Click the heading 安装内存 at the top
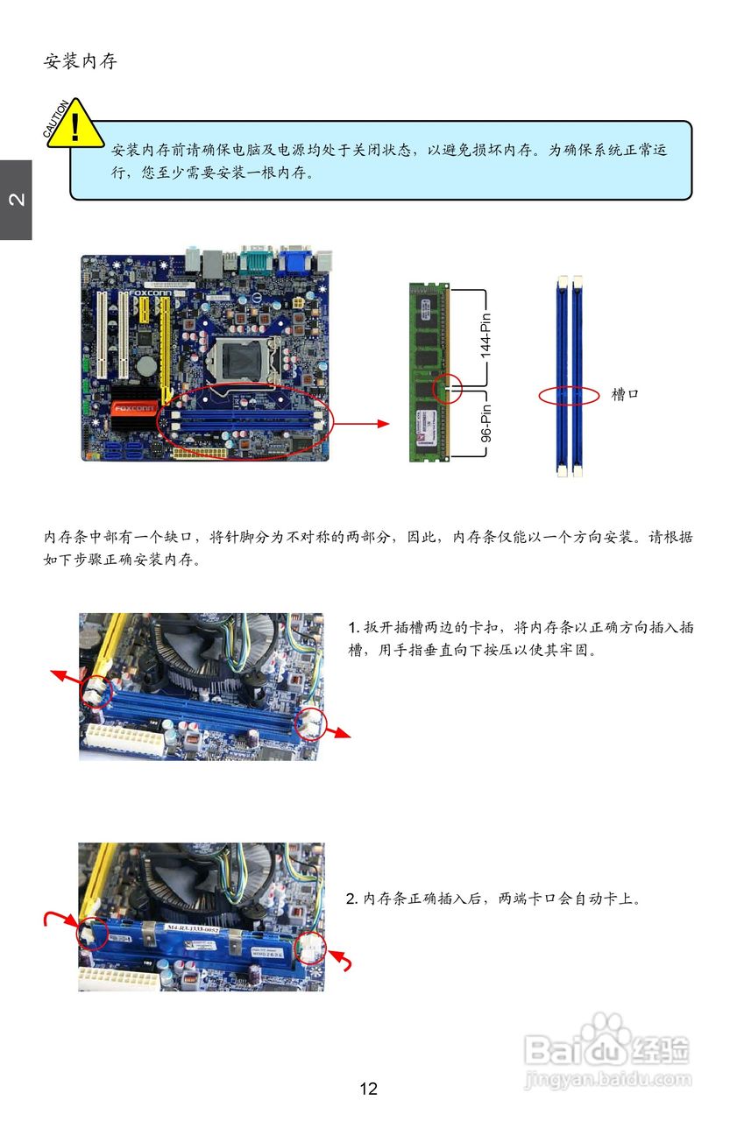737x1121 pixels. [80, 61]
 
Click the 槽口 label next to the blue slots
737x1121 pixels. [625, 395]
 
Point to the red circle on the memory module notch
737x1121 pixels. [447, 388]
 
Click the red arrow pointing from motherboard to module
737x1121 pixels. [361, 424]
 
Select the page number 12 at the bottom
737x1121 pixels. [368, 1089]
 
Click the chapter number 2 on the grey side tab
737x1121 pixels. [16, 200]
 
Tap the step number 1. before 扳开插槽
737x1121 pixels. [354, 628]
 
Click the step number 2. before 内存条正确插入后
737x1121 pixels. [354, 899]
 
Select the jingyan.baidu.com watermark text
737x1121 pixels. [608, 1080]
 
